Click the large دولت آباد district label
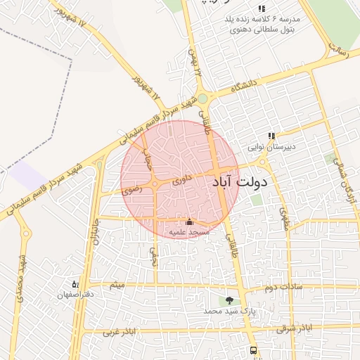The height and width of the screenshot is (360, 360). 239,183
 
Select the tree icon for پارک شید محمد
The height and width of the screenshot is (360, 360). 229,301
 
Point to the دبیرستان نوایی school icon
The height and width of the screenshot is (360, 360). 271,136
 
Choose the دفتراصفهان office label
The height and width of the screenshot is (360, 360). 75,295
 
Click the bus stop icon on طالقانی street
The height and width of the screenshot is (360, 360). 252,351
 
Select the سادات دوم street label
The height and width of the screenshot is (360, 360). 283,287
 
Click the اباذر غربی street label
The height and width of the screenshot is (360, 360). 120,331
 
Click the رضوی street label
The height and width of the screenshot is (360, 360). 131,188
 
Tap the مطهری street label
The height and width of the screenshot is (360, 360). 285,219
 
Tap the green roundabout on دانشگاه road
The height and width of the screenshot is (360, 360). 202,99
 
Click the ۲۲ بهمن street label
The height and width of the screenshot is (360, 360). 195,64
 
